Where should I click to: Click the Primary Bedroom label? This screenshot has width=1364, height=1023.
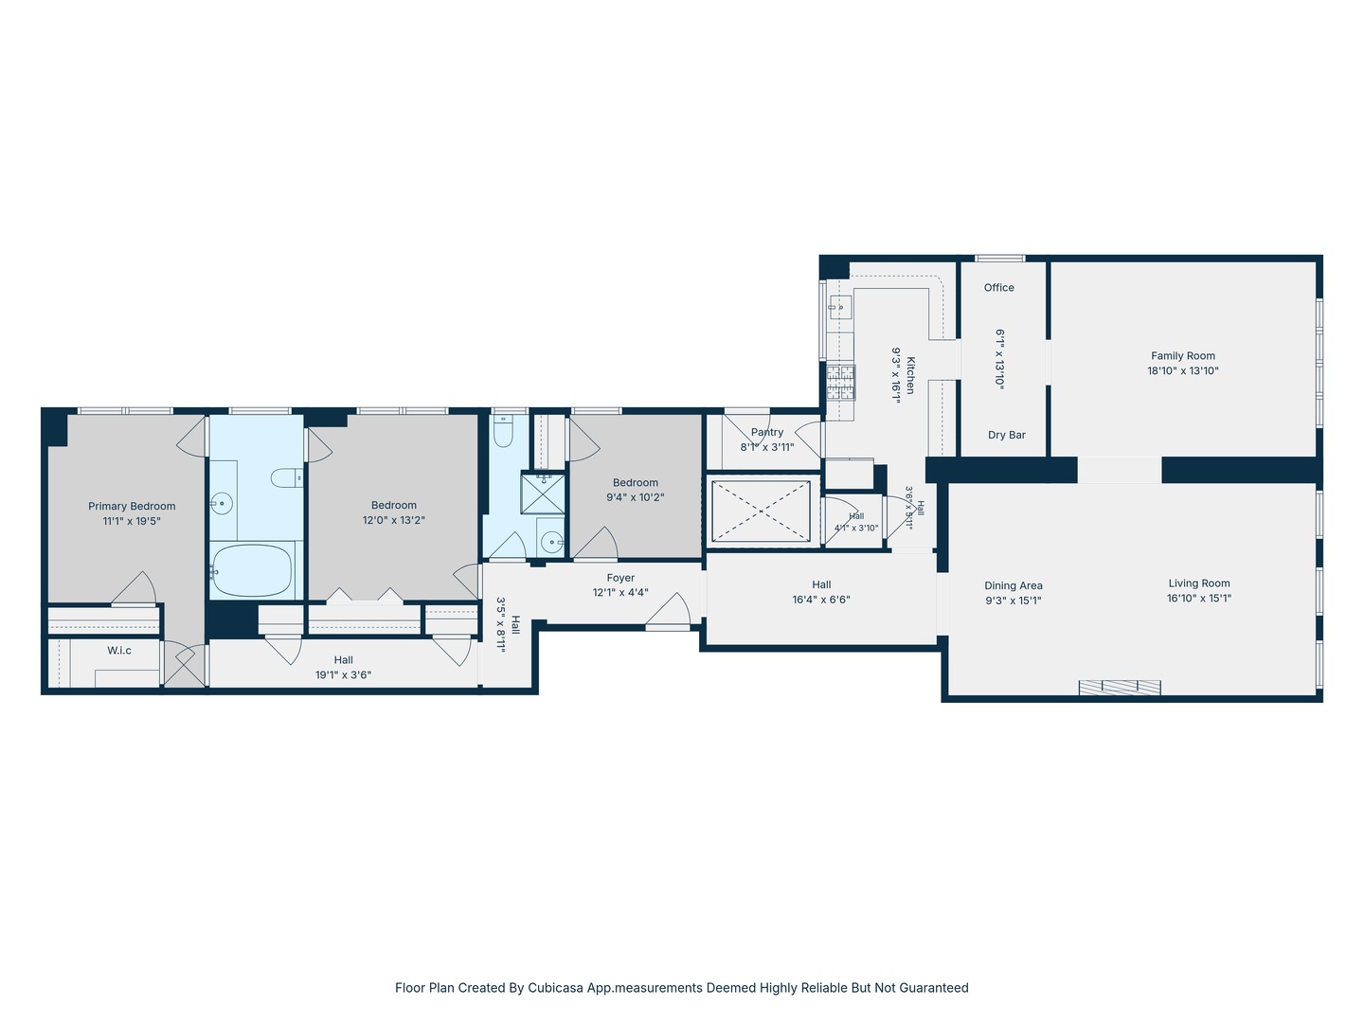132,506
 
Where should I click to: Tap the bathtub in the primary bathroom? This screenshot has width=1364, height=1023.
252,571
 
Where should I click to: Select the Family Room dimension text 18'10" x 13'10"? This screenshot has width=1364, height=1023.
1182,370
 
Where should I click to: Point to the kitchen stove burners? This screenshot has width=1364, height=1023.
841,382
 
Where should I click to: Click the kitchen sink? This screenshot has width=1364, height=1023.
841,307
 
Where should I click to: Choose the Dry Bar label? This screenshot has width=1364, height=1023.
1007,435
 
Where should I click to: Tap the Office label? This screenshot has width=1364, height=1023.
998,288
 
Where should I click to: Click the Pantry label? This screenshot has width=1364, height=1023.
767,432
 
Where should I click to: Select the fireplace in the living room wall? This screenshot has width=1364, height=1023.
1120,687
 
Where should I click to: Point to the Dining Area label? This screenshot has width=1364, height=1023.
1014,585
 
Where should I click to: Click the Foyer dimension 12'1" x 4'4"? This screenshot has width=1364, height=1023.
620,593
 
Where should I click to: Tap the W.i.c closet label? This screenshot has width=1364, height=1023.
119,651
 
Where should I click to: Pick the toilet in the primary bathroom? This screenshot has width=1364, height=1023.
286,478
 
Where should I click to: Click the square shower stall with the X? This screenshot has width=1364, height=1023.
543,494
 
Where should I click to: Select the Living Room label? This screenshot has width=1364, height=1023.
1198,583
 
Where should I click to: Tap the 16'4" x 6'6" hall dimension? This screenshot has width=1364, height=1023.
821,600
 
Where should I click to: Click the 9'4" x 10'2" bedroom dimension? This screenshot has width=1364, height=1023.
635,497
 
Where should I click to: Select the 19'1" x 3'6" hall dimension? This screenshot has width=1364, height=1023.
343,675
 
